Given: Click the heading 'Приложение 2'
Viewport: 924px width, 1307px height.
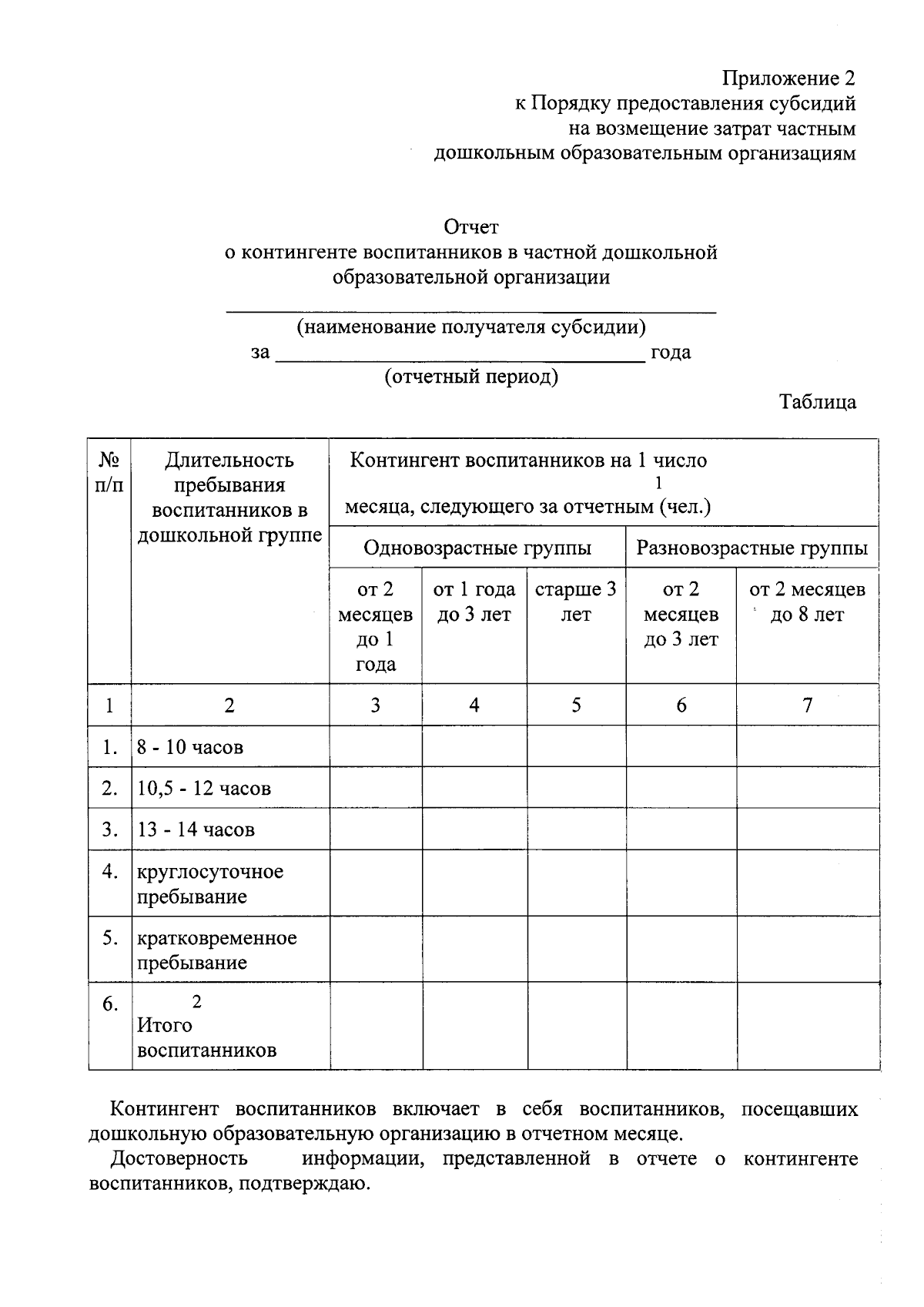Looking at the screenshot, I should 788,78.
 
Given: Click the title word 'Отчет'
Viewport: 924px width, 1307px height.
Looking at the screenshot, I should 470,227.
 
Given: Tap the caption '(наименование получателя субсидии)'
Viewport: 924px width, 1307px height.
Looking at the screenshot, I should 471,327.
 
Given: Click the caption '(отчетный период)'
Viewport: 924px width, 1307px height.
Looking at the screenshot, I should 471,377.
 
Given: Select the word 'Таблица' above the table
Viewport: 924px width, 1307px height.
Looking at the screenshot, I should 817,402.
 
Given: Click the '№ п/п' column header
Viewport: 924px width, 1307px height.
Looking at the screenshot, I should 109,473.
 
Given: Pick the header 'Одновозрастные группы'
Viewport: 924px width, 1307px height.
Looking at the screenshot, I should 477,548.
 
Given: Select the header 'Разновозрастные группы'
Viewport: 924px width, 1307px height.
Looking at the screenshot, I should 752,548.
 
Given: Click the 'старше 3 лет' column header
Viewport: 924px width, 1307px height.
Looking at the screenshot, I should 576,602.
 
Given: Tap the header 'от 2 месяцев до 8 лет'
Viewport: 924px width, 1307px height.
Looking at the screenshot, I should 807,602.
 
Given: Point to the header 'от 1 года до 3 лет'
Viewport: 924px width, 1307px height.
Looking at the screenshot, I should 474,602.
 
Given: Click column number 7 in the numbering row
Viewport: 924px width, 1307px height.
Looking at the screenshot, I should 807,705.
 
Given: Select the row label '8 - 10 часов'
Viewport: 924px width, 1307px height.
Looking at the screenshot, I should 190,747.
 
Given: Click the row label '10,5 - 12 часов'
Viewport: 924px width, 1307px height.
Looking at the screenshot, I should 204,789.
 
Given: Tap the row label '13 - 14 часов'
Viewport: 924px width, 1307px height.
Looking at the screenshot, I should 196,829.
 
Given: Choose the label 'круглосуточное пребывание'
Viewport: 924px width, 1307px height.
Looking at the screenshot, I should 209,883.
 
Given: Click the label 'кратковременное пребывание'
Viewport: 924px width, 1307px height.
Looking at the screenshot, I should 216,950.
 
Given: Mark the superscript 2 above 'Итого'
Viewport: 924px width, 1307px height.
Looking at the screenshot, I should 196,1002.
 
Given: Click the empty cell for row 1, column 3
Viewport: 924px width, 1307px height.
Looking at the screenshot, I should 375,746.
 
